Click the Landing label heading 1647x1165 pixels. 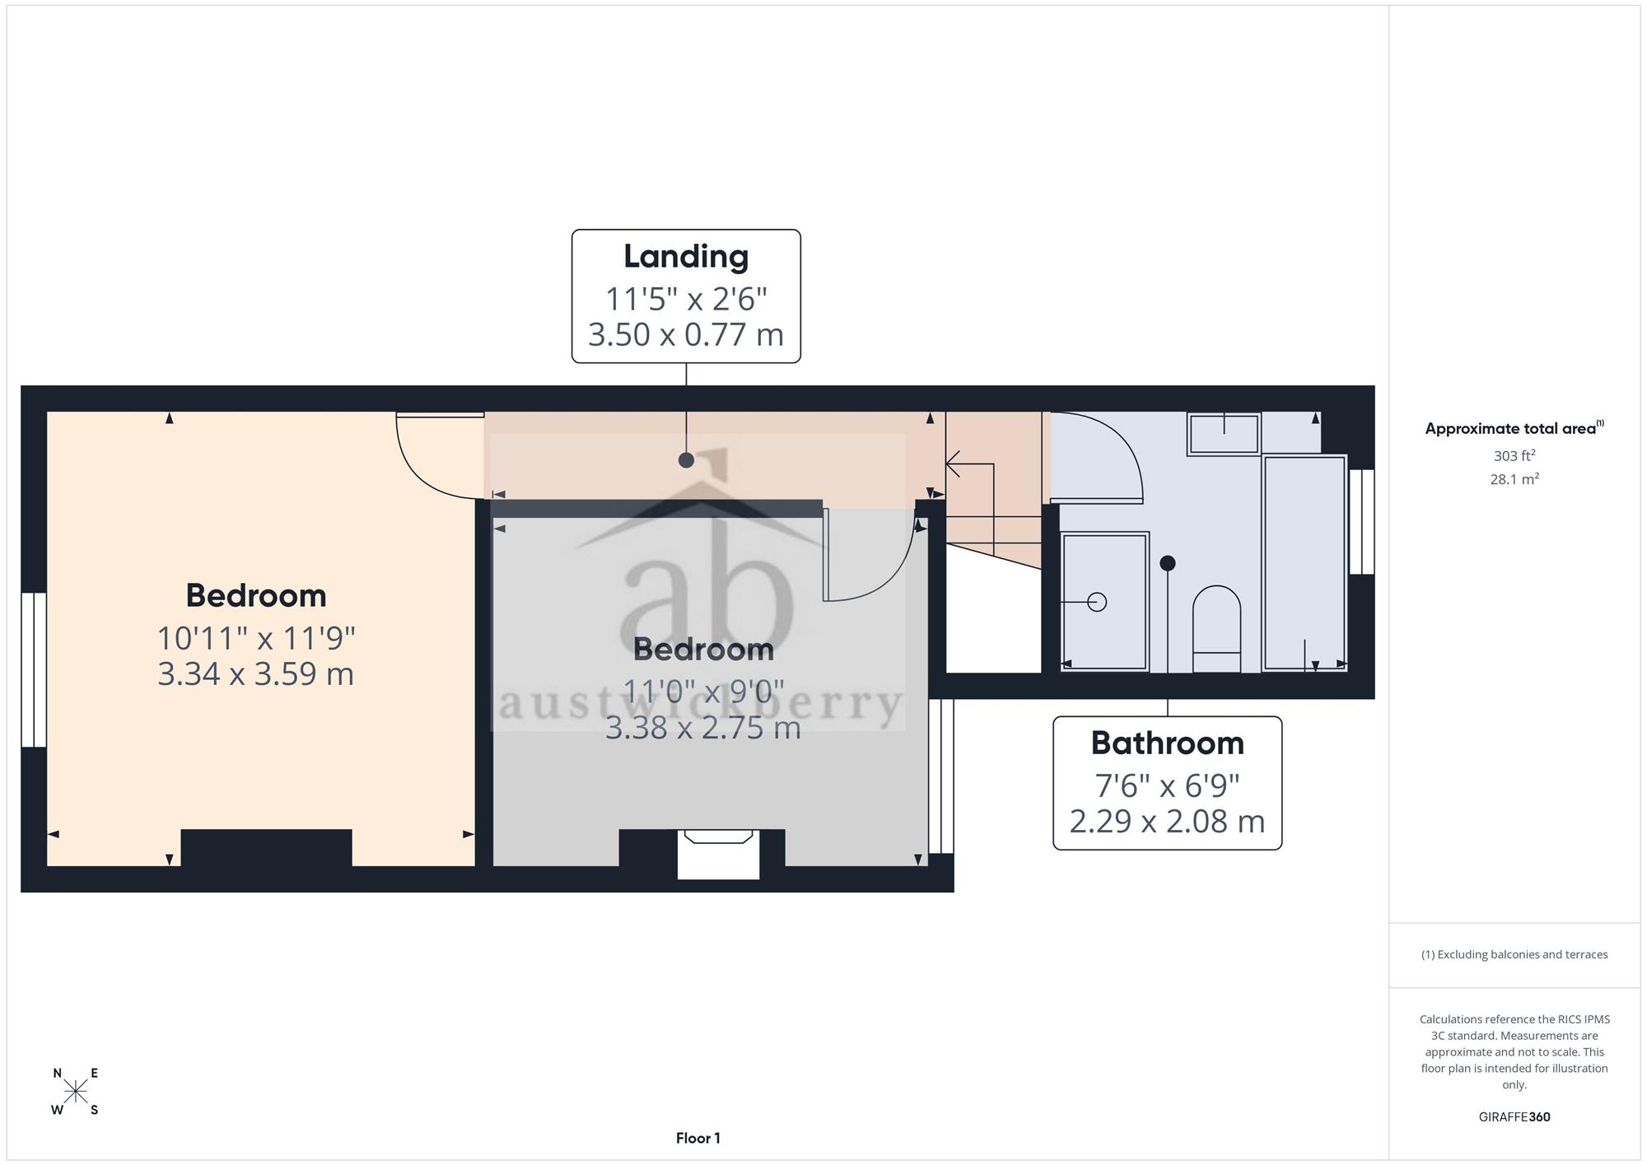(x=686, y=256)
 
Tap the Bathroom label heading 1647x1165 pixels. (x=1167, y=743)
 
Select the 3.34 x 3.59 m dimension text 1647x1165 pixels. (x=255, y=673)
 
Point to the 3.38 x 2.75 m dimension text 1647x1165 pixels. (x=703, y=727)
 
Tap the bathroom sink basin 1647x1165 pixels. (x=1224, y=433)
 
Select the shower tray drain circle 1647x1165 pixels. (x=1097, y=602)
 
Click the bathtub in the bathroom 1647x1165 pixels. (x=1305, y=562)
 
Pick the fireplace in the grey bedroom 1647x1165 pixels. (x=718, y=855)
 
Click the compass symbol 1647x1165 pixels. (x=75, y=1092)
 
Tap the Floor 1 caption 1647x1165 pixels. (x=698, y=1138)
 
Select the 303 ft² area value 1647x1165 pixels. (x=1514, y=455)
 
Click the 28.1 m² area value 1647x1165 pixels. (x=1514, y=478)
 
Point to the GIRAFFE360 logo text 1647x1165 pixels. (x=1514, y=1116)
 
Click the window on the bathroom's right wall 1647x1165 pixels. (x=1361, y=521)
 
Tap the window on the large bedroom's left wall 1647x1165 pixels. (x=34, y=669)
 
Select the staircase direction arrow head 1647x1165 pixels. (x=952, y=464)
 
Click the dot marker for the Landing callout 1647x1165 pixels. (x=686, y=460)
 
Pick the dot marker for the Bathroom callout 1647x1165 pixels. (x=1167, y=563)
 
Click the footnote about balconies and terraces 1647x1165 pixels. (x=1514, y=954)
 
